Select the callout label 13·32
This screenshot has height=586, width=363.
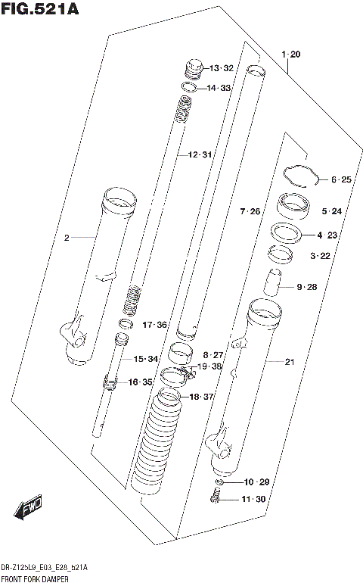point(222,68)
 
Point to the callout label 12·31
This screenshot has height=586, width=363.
point(200,154)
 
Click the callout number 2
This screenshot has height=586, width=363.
point(67,238)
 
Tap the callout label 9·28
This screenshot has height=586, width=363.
point(309,286)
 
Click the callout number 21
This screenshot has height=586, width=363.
point(289,361)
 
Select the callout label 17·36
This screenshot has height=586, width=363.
point(154,325)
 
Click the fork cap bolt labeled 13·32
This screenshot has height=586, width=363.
point(194,68)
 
